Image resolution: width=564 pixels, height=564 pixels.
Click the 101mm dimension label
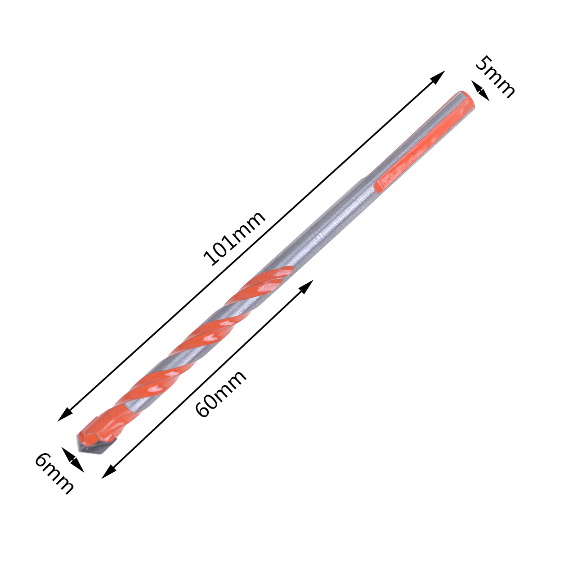coord(234,238)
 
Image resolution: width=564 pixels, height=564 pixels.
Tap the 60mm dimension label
coord(221,393)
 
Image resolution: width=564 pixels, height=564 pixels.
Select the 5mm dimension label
coord(495,77)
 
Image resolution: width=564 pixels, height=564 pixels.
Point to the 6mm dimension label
coord(54,473)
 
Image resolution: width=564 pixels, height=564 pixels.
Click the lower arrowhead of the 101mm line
coord(65,414)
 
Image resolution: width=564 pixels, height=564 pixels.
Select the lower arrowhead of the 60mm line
coord(109,472)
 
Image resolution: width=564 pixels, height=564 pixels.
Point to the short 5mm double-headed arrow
coord(481,91)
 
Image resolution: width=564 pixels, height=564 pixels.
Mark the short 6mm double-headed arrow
coord(73,460)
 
